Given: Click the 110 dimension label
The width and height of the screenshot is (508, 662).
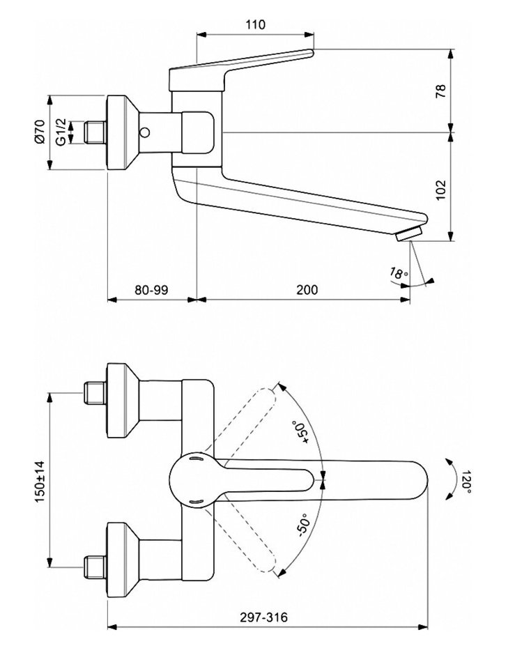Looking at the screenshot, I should tap(256, 25).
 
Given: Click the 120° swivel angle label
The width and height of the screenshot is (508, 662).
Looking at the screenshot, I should tap(465, 480).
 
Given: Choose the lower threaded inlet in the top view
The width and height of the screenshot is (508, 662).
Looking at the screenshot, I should tap(93, 567).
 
